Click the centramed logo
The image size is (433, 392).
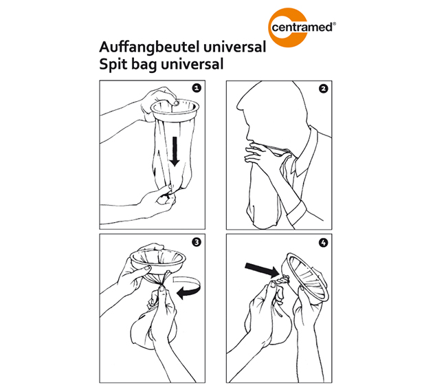point(300,28)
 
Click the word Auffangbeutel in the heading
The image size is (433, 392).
point(147,48)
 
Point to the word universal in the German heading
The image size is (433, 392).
point(230,48)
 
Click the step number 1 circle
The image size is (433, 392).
point(196,89)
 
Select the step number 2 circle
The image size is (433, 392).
point(323,89)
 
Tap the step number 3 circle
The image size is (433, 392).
point(196,242)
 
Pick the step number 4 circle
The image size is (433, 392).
point(323,242)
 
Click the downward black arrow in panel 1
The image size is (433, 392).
point(175,151)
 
